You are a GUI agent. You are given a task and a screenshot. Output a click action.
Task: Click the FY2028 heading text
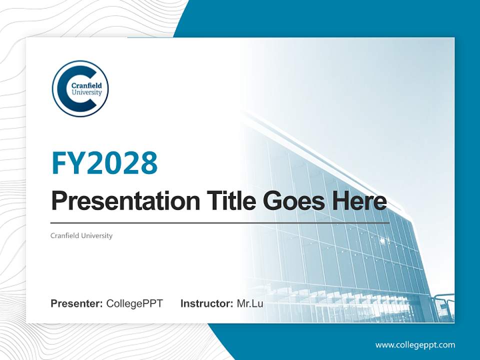point(104,162)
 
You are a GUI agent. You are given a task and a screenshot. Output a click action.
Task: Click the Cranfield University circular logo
point(80,88)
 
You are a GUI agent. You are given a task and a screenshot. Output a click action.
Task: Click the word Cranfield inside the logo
point(86,85)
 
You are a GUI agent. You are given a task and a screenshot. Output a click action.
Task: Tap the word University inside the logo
point(87,92)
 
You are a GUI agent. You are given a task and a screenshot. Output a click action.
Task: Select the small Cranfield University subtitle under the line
point(81,235)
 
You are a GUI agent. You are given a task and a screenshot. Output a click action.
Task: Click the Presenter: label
point(77,303)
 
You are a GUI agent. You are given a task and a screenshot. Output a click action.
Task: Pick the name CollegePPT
point(134,303)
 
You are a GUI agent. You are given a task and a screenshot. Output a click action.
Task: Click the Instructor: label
point(206,303)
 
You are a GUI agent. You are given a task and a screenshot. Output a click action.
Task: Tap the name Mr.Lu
point(250,303)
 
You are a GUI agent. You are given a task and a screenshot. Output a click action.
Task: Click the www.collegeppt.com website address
point(415,345)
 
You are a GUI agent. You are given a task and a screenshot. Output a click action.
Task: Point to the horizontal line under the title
point(220,222)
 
